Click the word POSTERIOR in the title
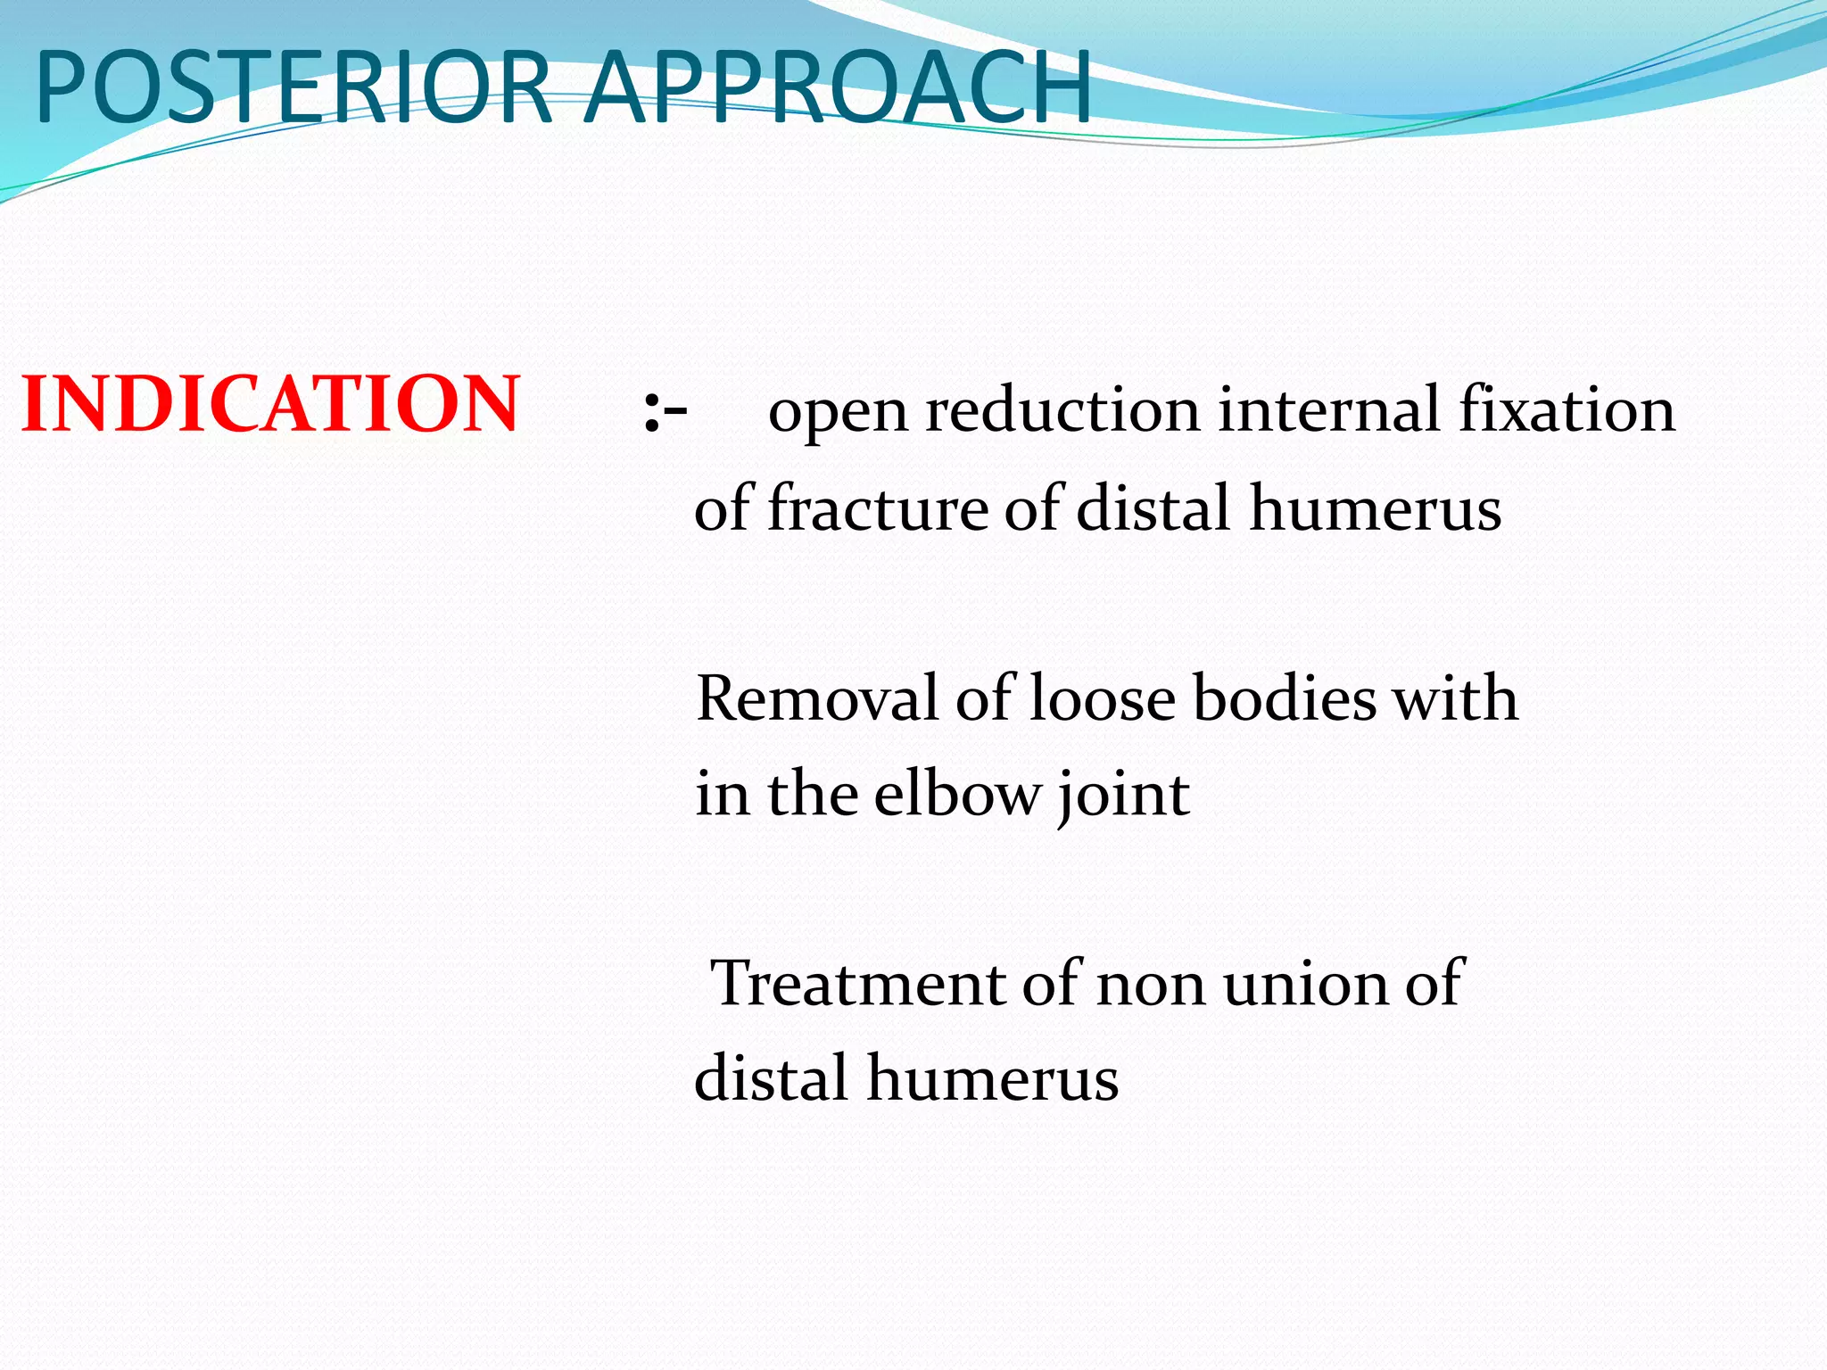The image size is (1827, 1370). point(294,87)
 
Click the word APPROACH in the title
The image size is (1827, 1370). point(838,87)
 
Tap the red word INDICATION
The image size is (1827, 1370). point(270,405)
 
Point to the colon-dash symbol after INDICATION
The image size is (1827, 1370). point(665,412)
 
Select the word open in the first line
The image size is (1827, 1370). point(838,412)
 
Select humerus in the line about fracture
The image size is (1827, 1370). point(1375,508)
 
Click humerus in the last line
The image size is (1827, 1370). point(992,1078)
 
